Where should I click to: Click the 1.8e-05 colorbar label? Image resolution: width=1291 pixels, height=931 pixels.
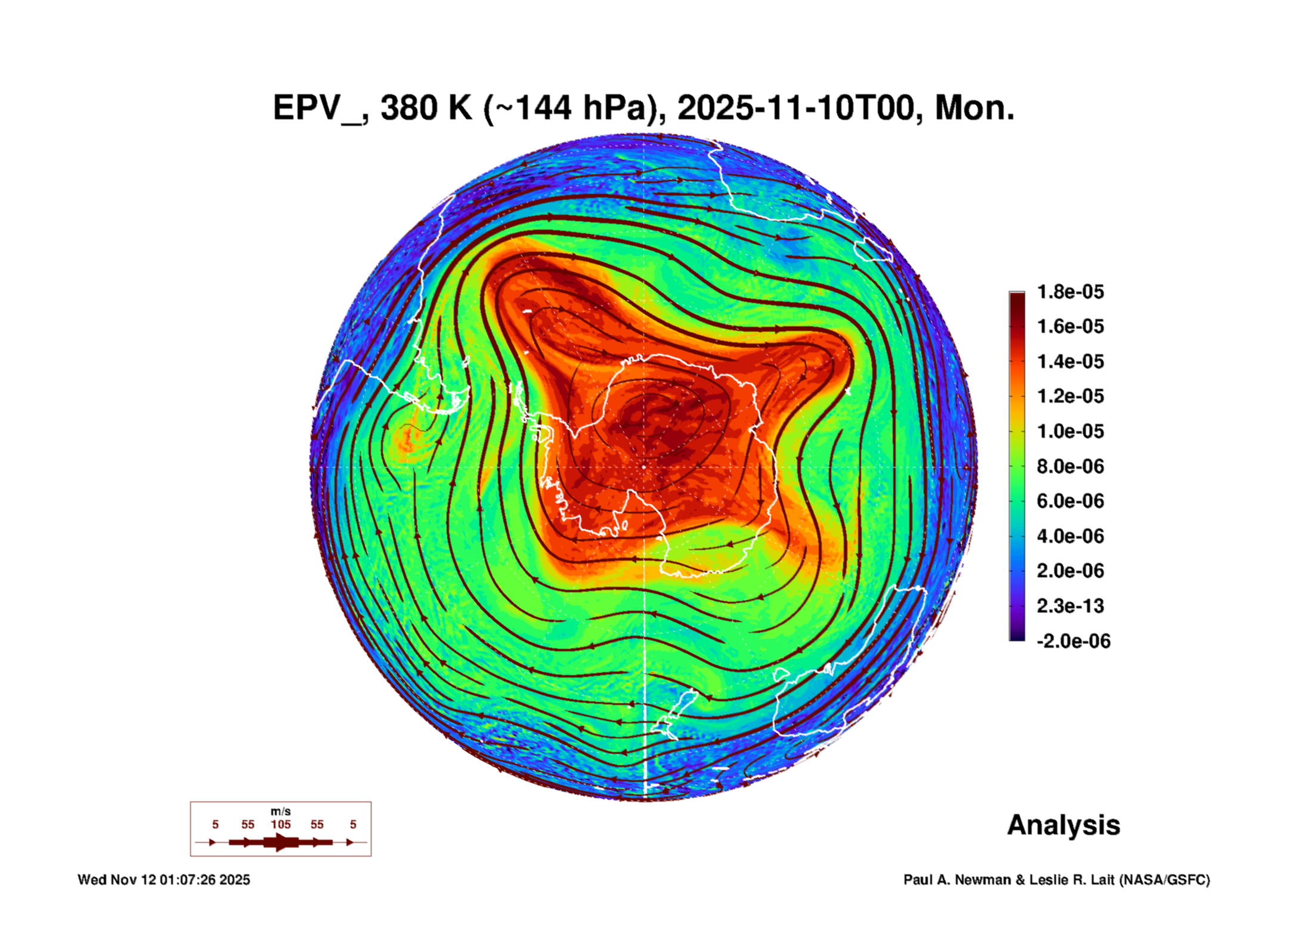click(x=1070, y=292)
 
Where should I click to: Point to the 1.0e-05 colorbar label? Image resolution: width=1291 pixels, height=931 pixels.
click(x=1070, y=431)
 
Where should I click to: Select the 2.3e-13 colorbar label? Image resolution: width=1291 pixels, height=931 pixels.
click(x=1070, y=606)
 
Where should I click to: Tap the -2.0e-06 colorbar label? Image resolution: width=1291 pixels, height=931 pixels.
click(x=1073, y=641)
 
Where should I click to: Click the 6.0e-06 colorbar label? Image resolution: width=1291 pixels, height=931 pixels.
click(x=1070, y=501)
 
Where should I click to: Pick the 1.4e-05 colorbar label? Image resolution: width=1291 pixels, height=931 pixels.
click(x=1070, y=361)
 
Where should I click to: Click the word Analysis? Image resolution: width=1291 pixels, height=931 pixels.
click(x=1063, y=825)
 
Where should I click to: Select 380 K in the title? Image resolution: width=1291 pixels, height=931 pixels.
click(x=426, y=109)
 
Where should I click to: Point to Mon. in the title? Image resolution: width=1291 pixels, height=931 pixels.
click(x=974, y=109)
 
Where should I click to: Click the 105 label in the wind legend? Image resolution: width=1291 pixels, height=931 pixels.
click(x=281, y=824)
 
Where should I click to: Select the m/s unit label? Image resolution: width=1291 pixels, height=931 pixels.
click(x=281, y=811)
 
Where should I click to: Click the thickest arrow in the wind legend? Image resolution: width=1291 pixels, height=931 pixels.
click(x=281, y=842)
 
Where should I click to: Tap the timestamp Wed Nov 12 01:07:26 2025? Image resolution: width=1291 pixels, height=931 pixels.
click(x=164, y=880)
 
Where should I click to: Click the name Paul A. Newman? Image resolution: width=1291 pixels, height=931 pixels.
click(x=958, y=880)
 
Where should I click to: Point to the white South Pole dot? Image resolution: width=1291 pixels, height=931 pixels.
click(x=644, y=467)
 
